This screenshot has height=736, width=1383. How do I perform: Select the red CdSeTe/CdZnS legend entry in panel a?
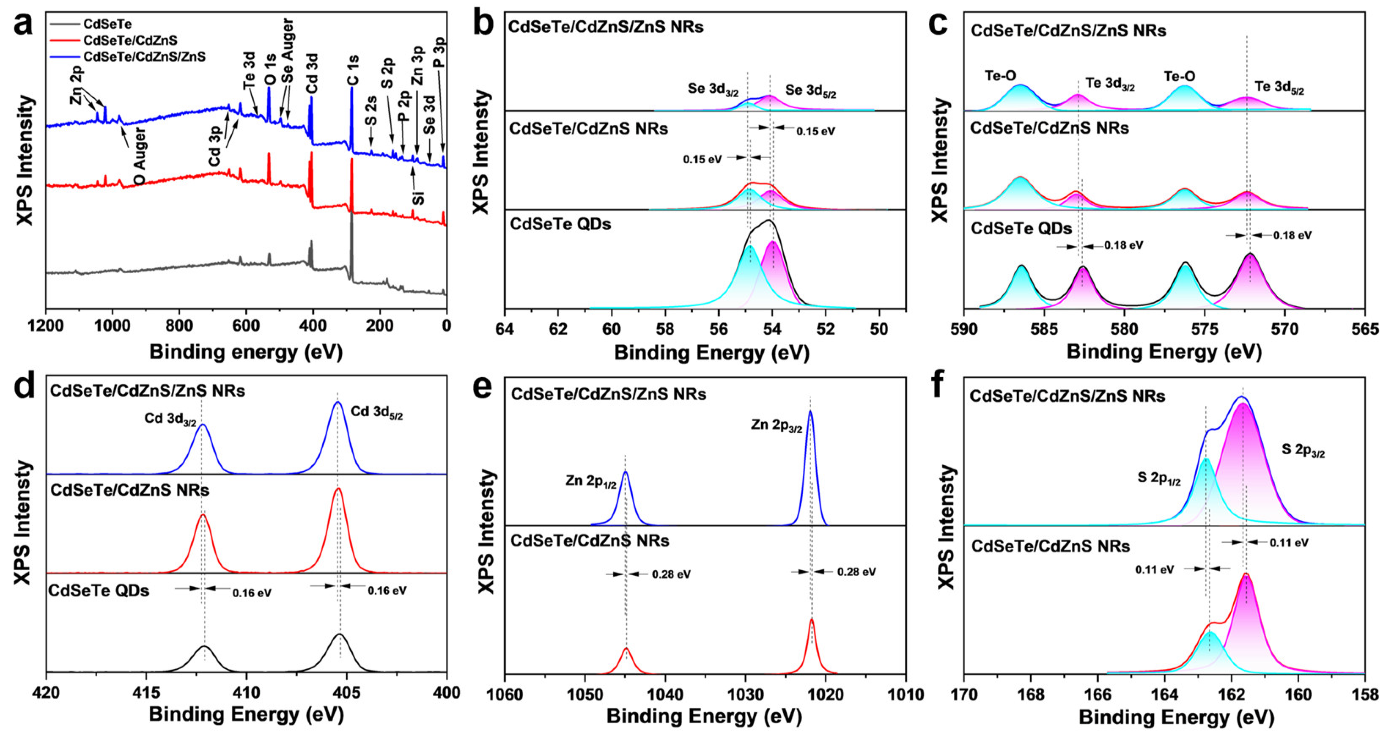point(129,40)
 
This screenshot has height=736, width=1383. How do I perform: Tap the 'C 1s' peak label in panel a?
point(353,70)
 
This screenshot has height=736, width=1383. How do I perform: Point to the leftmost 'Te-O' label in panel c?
point(1000,76)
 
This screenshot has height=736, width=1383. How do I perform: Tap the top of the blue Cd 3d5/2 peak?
point(337,402)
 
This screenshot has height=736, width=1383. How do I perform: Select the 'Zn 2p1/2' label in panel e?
point(590,481)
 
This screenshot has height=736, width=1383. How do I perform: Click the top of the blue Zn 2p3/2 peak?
point(810,412)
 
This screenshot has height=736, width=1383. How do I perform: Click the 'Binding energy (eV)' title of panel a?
point(245,352)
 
